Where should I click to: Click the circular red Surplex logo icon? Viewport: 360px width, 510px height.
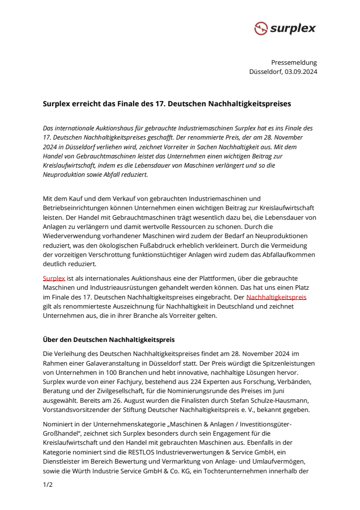coord(261,28)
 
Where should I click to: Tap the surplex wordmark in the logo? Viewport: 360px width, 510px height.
coord(292,28)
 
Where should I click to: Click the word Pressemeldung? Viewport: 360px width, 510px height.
coord(294,62)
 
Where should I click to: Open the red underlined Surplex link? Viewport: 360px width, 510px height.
coord(54,278)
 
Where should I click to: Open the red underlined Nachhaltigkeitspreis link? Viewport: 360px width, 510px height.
coord(276,297)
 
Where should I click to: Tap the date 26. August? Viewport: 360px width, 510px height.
coord(142,401)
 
